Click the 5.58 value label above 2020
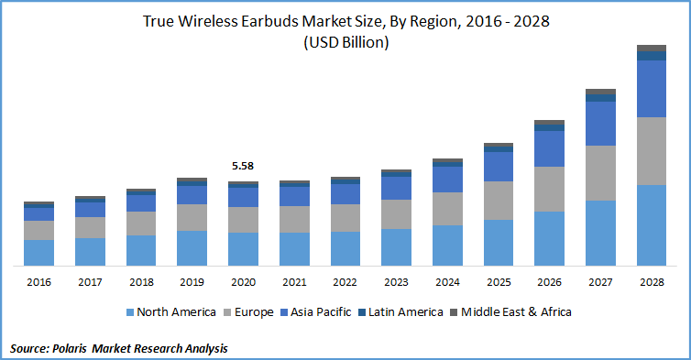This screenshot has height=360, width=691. coord(243,166)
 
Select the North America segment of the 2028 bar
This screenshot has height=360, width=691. coord(652,225)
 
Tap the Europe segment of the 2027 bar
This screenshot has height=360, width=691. coord(600,172)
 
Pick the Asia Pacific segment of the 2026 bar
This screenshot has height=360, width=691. coord(549,148)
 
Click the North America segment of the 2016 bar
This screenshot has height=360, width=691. coord(38,253)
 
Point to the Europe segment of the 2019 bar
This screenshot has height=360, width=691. coord(192,217)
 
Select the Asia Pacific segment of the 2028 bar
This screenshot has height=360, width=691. coord(652,89)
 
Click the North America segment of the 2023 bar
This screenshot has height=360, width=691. coord(396,247)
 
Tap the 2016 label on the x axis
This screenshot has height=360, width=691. coord(38,282)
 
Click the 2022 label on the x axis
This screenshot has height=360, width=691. coord(345,282)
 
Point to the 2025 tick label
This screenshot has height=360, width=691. coord(498,282)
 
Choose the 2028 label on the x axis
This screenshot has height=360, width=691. coord(652,282)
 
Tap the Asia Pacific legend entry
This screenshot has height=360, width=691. coord(320,312)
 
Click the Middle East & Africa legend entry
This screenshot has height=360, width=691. coord(516,312)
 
